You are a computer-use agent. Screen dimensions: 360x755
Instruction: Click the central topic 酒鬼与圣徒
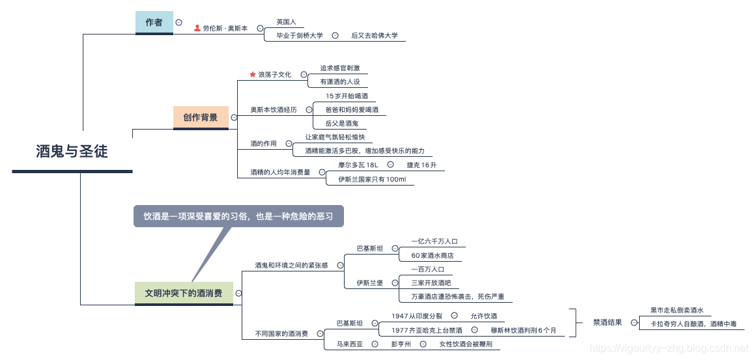72,152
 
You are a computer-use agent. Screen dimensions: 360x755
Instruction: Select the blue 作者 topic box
154,22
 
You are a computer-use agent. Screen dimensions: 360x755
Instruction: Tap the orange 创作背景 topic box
201,117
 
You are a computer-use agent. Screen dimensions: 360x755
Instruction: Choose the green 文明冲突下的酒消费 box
183,293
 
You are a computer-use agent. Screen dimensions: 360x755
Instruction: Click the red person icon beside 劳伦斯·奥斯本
197,29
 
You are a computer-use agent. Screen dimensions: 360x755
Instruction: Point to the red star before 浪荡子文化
253,75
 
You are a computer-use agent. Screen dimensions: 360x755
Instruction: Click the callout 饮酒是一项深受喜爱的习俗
238,216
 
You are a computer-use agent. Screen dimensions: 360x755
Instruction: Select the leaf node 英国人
286,21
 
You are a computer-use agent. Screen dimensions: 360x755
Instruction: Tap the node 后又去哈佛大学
374,36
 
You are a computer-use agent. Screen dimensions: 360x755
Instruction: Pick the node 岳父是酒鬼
341,123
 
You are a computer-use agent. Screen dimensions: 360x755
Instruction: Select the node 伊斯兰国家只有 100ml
371,179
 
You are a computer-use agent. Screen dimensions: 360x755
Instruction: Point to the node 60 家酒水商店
432,255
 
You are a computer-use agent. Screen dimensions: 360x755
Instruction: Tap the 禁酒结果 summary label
607,322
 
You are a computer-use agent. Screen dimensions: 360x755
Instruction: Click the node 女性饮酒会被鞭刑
465,344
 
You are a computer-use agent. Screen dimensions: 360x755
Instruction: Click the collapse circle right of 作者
178,22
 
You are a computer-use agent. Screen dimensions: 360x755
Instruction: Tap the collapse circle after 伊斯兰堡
391,283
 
